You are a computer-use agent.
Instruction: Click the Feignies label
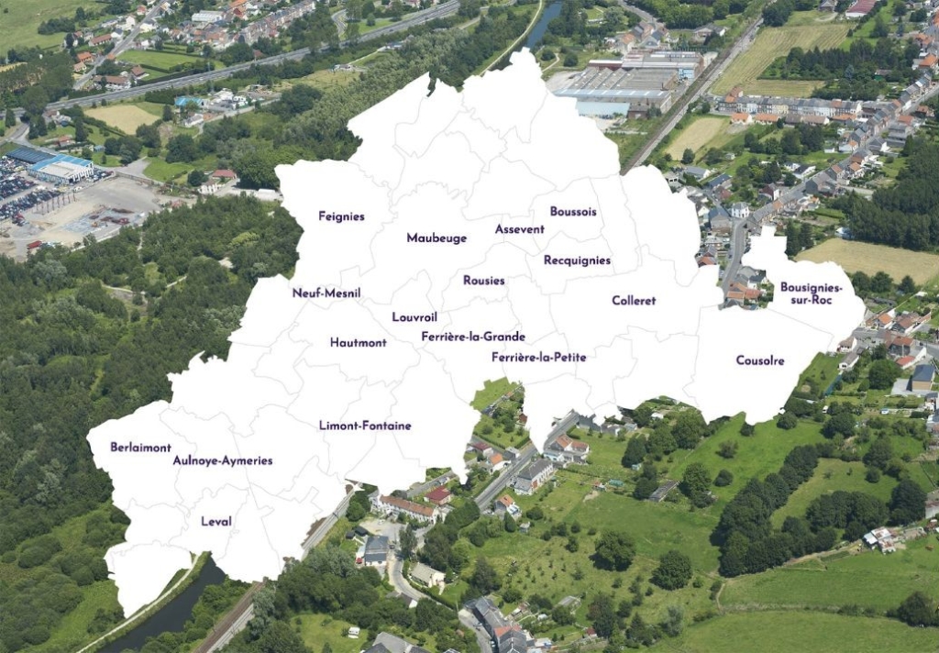coord(341,216)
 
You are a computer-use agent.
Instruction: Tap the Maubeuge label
coord(436,238)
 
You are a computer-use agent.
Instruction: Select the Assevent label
coord(519,229)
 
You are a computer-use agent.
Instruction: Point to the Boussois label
coord(573,212)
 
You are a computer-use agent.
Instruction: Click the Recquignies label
coord(577,260)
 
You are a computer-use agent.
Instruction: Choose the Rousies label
coord(483,281)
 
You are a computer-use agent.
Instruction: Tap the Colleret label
coord(634,301)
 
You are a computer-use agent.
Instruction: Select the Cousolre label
coord(760,361)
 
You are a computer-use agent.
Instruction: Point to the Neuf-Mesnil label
coord(326,293)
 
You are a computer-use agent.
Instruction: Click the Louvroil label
coord(414,317)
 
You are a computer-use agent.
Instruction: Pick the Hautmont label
coord(359,343)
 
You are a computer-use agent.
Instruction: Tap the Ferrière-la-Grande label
coord(473,337)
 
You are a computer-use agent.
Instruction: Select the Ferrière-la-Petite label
coord(538,357)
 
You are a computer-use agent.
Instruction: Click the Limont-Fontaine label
coord(365,426)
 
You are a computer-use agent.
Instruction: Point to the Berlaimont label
coord(140,448)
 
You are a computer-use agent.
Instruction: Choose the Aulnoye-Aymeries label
coord(223,460)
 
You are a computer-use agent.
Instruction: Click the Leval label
coord(216,522)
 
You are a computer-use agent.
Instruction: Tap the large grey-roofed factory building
coord(616,89)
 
